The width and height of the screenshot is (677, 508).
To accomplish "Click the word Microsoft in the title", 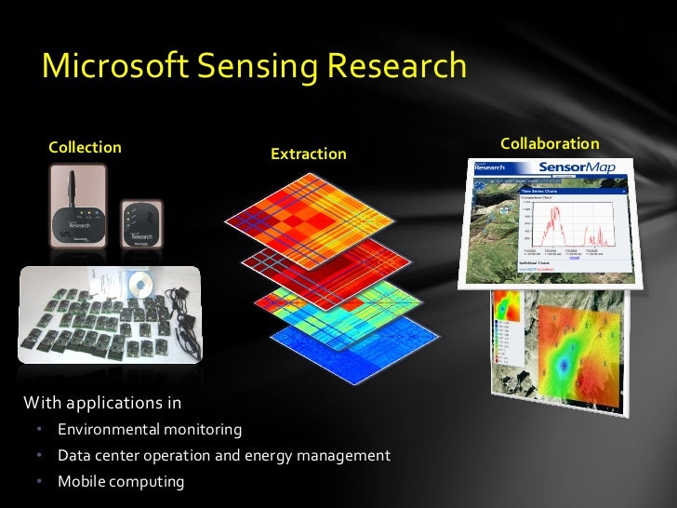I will pyautogui.click(x=113, y=66).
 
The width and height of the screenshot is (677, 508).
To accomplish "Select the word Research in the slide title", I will pyautogui.click(x=394, y=66).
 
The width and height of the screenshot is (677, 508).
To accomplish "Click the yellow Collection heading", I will pyautogui.click(x=85, y=147).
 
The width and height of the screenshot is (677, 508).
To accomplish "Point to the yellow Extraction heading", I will pyautogui.click(x=308, y=154).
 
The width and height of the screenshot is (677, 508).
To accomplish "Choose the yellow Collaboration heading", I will pyautogui.click(x=550, y=143).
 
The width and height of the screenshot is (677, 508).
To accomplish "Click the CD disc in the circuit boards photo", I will pyautogui.click(x=142, y=282).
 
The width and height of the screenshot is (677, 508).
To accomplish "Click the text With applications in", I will pyautogui.click(x=102, y=403).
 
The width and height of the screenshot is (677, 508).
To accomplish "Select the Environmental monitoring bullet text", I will pyautogui.click(x=150, y=430).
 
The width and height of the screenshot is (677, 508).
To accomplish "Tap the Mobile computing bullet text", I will pyautogui.click(x=121, y=482).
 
